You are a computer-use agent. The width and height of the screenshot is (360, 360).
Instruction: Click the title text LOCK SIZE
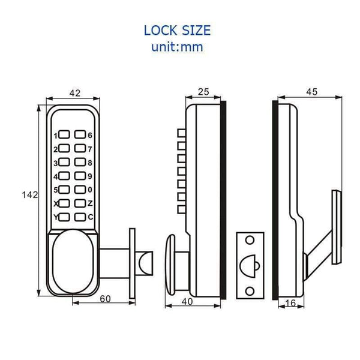[177, 30]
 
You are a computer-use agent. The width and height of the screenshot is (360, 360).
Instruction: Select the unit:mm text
[177, 47]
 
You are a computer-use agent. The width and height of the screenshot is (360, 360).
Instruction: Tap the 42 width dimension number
[75, 93]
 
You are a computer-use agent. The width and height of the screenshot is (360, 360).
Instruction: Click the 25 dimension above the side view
[203, 92]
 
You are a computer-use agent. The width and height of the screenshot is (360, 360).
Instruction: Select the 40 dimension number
[187, 302]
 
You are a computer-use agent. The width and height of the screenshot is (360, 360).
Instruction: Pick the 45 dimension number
[311, 92]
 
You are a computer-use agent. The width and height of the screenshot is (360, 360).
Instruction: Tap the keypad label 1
[55, 136]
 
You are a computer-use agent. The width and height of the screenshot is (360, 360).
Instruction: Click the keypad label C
[90, 217]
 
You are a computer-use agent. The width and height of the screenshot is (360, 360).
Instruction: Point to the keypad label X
[55, 203]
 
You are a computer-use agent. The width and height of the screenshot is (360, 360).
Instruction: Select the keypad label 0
[90, 190]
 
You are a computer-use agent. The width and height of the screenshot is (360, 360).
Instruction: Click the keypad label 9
[90, 176]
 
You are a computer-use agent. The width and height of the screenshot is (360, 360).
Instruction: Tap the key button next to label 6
[80, 136]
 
